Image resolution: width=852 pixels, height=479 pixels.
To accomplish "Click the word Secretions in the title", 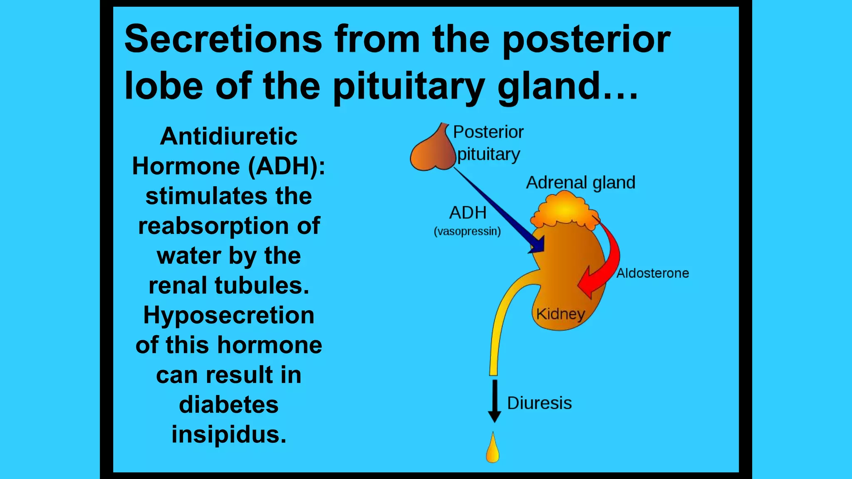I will [x=223, y=39].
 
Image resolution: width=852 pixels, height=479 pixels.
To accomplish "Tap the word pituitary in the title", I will [x=409, y=86].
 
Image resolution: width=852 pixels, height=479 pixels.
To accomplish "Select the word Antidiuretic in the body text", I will [x=228, y=136].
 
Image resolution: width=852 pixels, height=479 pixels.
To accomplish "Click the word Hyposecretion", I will [x=228, y=315].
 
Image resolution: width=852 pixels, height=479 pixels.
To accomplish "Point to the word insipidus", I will [x=228, y=435].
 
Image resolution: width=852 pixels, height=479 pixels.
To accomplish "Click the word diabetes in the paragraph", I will [x=228, y=405].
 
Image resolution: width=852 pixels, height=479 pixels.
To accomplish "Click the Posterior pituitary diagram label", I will [x=488, y=143].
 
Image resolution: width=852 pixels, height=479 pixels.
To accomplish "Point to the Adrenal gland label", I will [x=580, y=183].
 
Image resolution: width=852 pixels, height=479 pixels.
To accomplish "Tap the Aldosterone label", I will [x=652, y=273].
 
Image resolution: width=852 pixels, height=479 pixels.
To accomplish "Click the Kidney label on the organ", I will [x=560, y=314].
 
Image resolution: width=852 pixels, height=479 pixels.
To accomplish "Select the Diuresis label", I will [x=539, y=403].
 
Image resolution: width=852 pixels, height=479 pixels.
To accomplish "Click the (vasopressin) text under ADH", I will [x=467, y=232].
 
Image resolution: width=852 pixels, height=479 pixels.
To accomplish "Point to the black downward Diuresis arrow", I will [x=494, y=401].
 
